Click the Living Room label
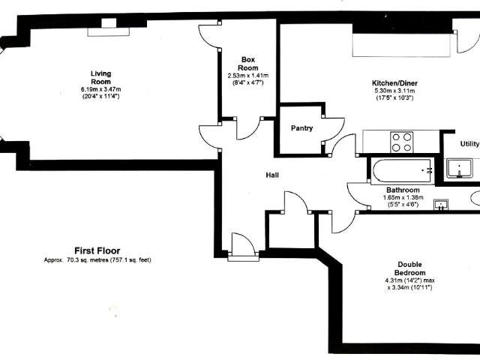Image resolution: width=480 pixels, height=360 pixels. click(x=101, y=77)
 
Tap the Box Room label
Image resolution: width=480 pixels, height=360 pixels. click(x=248, y=64)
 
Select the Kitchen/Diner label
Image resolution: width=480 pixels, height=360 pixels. click(x=394, y=83)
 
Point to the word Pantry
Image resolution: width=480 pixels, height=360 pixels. click(x=301, y=128)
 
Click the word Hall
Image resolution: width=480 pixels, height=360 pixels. click(x=272, y=175)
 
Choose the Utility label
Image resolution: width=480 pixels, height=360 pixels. click(x=470, y=144)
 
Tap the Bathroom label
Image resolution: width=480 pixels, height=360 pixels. click(x=403, y=190)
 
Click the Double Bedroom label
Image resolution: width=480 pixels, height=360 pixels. click(x=410, y=268)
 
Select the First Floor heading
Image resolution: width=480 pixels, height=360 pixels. click(x=97, y=250)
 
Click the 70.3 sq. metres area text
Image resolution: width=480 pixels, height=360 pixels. click(x=97, y=260)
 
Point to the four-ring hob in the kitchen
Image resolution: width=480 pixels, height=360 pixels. click(x=402, y=142)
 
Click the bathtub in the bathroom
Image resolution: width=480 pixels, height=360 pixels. click(x=403, y=171)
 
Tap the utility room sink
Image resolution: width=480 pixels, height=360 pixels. click(x=459, y=168)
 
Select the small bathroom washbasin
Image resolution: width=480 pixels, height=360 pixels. click(x=441, y=205)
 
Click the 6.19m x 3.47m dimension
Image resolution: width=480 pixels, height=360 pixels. click(x=100, y=89)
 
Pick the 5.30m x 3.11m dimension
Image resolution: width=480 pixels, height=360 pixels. click(x=395, y=91)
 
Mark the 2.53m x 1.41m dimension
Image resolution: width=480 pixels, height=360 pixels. click(x=248, y=75)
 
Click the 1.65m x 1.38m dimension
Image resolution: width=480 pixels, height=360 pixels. click(x=403, y=197)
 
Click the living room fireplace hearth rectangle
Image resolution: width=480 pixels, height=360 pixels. click(x=108, y=31)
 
